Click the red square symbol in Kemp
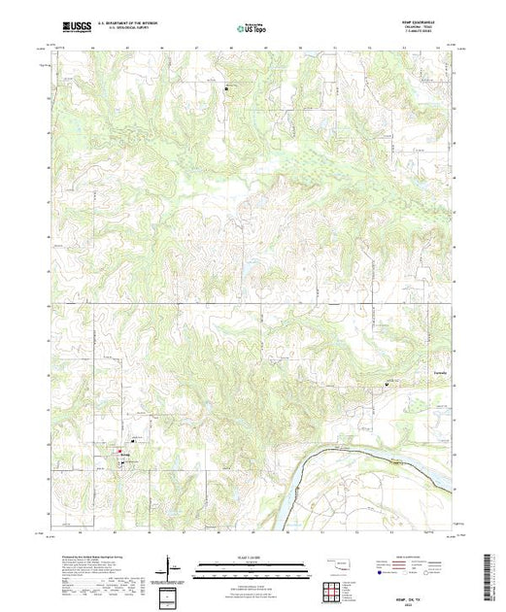[x=119, y=451]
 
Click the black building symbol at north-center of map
[x=227, y=89]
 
